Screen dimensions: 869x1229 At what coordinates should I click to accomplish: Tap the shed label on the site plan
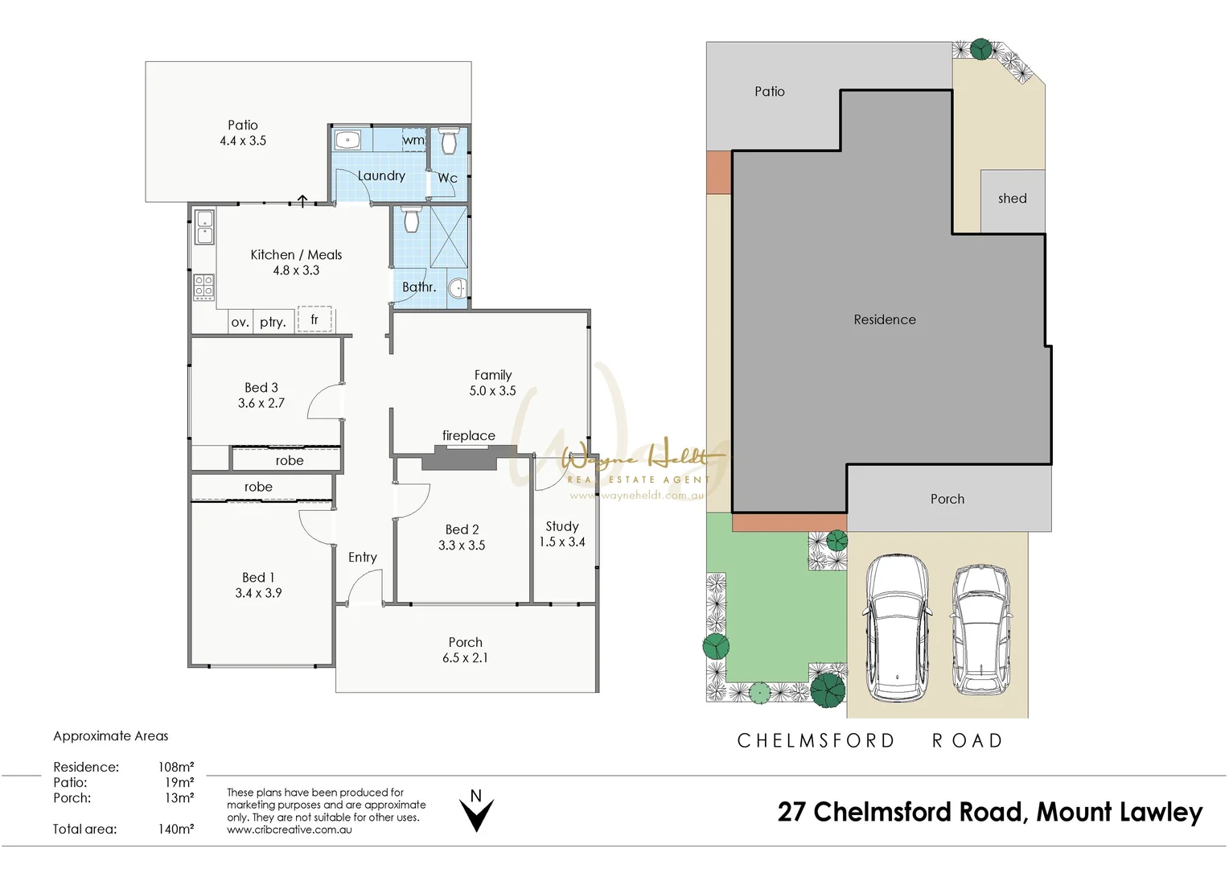point(1012,199)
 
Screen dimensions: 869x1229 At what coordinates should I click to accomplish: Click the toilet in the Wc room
point(449,142)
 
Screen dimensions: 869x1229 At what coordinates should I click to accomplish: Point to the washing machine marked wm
point(413,140)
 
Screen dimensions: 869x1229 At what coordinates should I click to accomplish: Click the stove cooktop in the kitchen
point(203,286)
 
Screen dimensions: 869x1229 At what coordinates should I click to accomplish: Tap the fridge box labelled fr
point(314,319)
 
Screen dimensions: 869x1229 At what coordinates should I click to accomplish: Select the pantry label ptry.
point(273,322)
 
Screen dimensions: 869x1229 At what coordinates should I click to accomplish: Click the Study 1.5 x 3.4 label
point(562,534)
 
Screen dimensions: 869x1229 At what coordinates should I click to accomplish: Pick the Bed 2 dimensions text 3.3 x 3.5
point(462,546)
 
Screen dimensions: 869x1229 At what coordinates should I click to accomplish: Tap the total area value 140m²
point(176,830)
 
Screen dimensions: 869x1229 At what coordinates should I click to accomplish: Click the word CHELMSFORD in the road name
point(816,741)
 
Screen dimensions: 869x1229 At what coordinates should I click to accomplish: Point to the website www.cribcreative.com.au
point(289,830)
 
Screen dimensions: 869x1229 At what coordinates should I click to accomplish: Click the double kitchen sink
point(204,226)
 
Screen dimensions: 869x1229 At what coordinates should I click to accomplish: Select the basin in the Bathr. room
point(457,287)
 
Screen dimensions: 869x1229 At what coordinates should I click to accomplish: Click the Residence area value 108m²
point(176,768)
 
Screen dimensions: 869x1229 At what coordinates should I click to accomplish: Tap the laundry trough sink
point(347,140)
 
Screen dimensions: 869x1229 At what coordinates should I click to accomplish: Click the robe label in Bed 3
point(290,460)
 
